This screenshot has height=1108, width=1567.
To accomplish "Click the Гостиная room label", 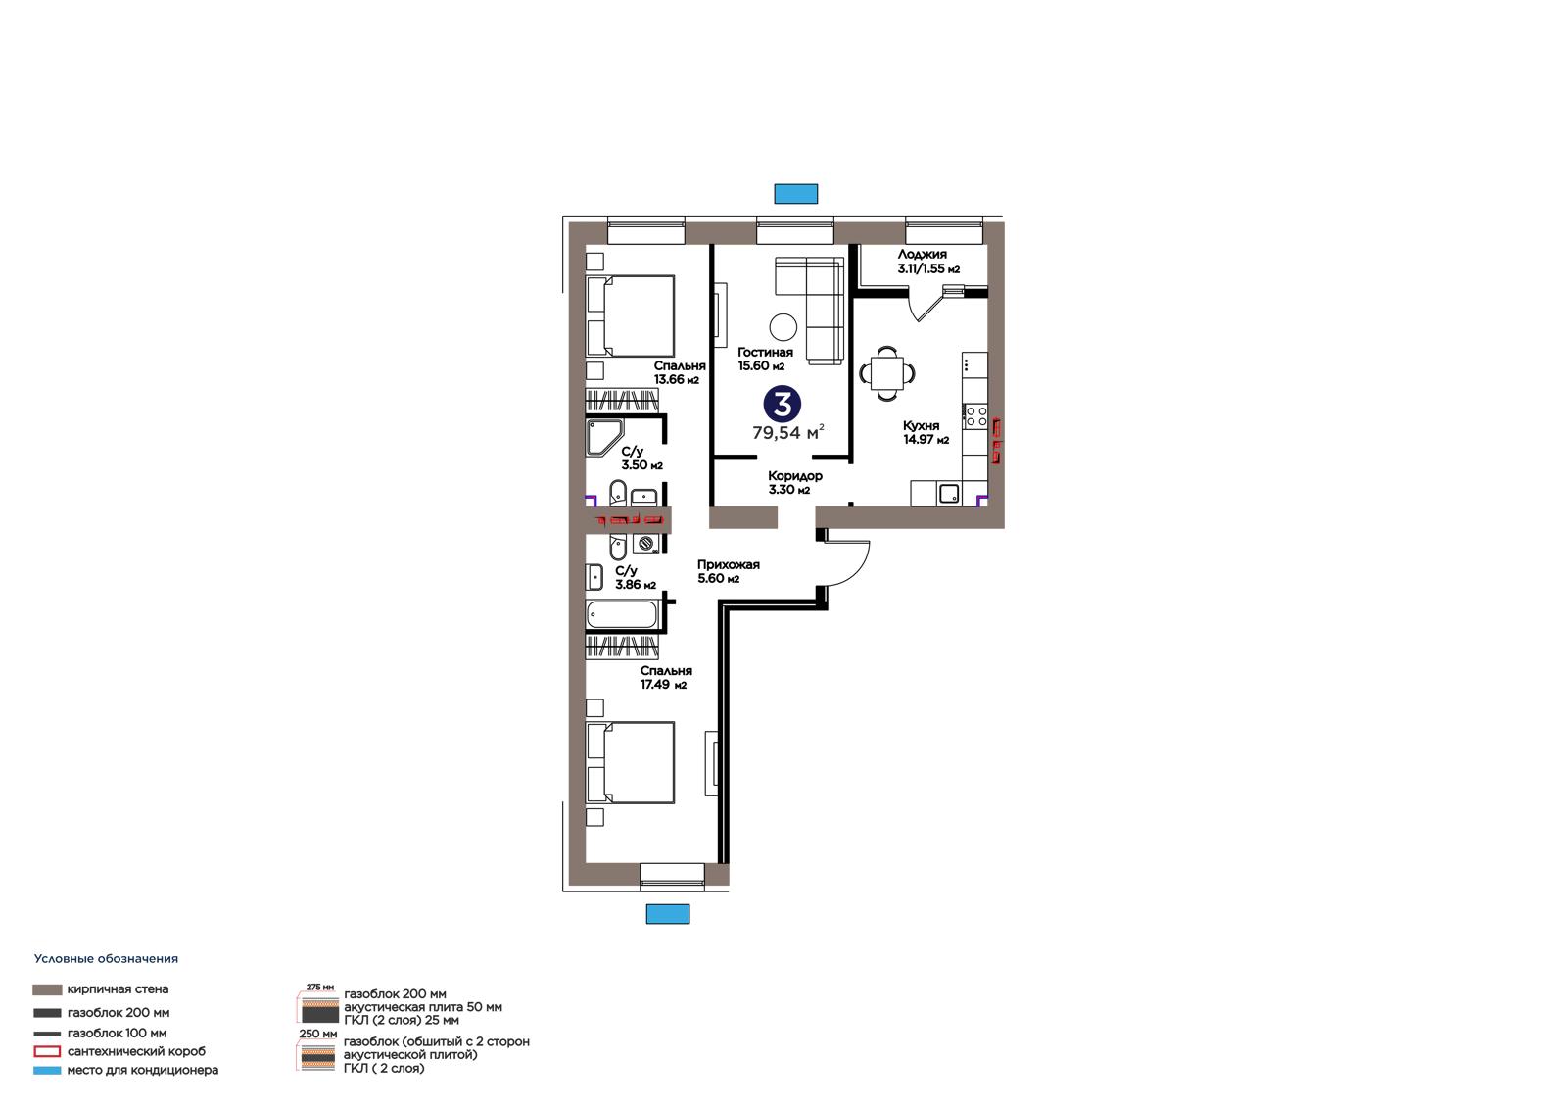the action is pos(765,352).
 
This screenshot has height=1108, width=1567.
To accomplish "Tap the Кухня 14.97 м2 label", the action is pos(926,433).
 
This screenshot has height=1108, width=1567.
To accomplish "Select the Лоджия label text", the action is pos(922,255).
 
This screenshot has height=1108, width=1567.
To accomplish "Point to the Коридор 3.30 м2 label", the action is pos(794,482).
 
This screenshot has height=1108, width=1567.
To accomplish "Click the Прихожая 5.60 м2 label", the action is pos(729,571).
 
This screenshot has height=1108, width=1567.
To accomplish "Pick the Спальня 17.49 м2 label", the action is pos(666,678).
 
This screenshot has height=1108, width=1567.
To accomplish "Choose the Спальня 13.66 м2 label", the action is pos(680,372).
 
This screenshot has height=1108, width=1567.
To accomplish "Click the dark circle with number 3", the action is pos(783,405).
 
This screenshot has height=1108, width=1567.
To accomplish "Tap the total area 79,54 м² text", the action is pos(787,433).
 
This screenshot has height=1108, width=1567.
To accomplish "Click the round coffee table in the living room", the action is pos(783,327).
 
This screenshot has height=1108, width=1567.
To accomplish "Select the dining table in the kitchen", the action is pos(886,374).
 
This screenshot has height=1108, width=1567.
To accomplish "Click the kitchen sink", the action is pos(949,494).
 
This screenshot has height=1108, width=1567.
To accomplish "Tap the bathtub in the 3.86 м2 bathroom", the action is pos(622,615).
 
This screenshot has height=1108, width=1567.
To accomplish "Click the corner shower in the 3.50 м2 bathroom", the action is pos(604,438).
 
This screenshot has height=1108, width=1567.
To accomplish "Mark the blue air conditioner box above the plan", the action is pos(795,194).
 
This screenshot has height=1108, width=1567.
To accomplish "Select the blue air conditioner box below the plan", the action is pos(667,913).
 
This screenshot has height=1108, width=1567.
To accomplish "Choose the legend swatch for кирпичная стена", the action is pos(47,989).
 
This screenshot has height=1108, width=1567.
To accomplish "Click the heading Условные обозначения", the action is pos(106,959).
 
